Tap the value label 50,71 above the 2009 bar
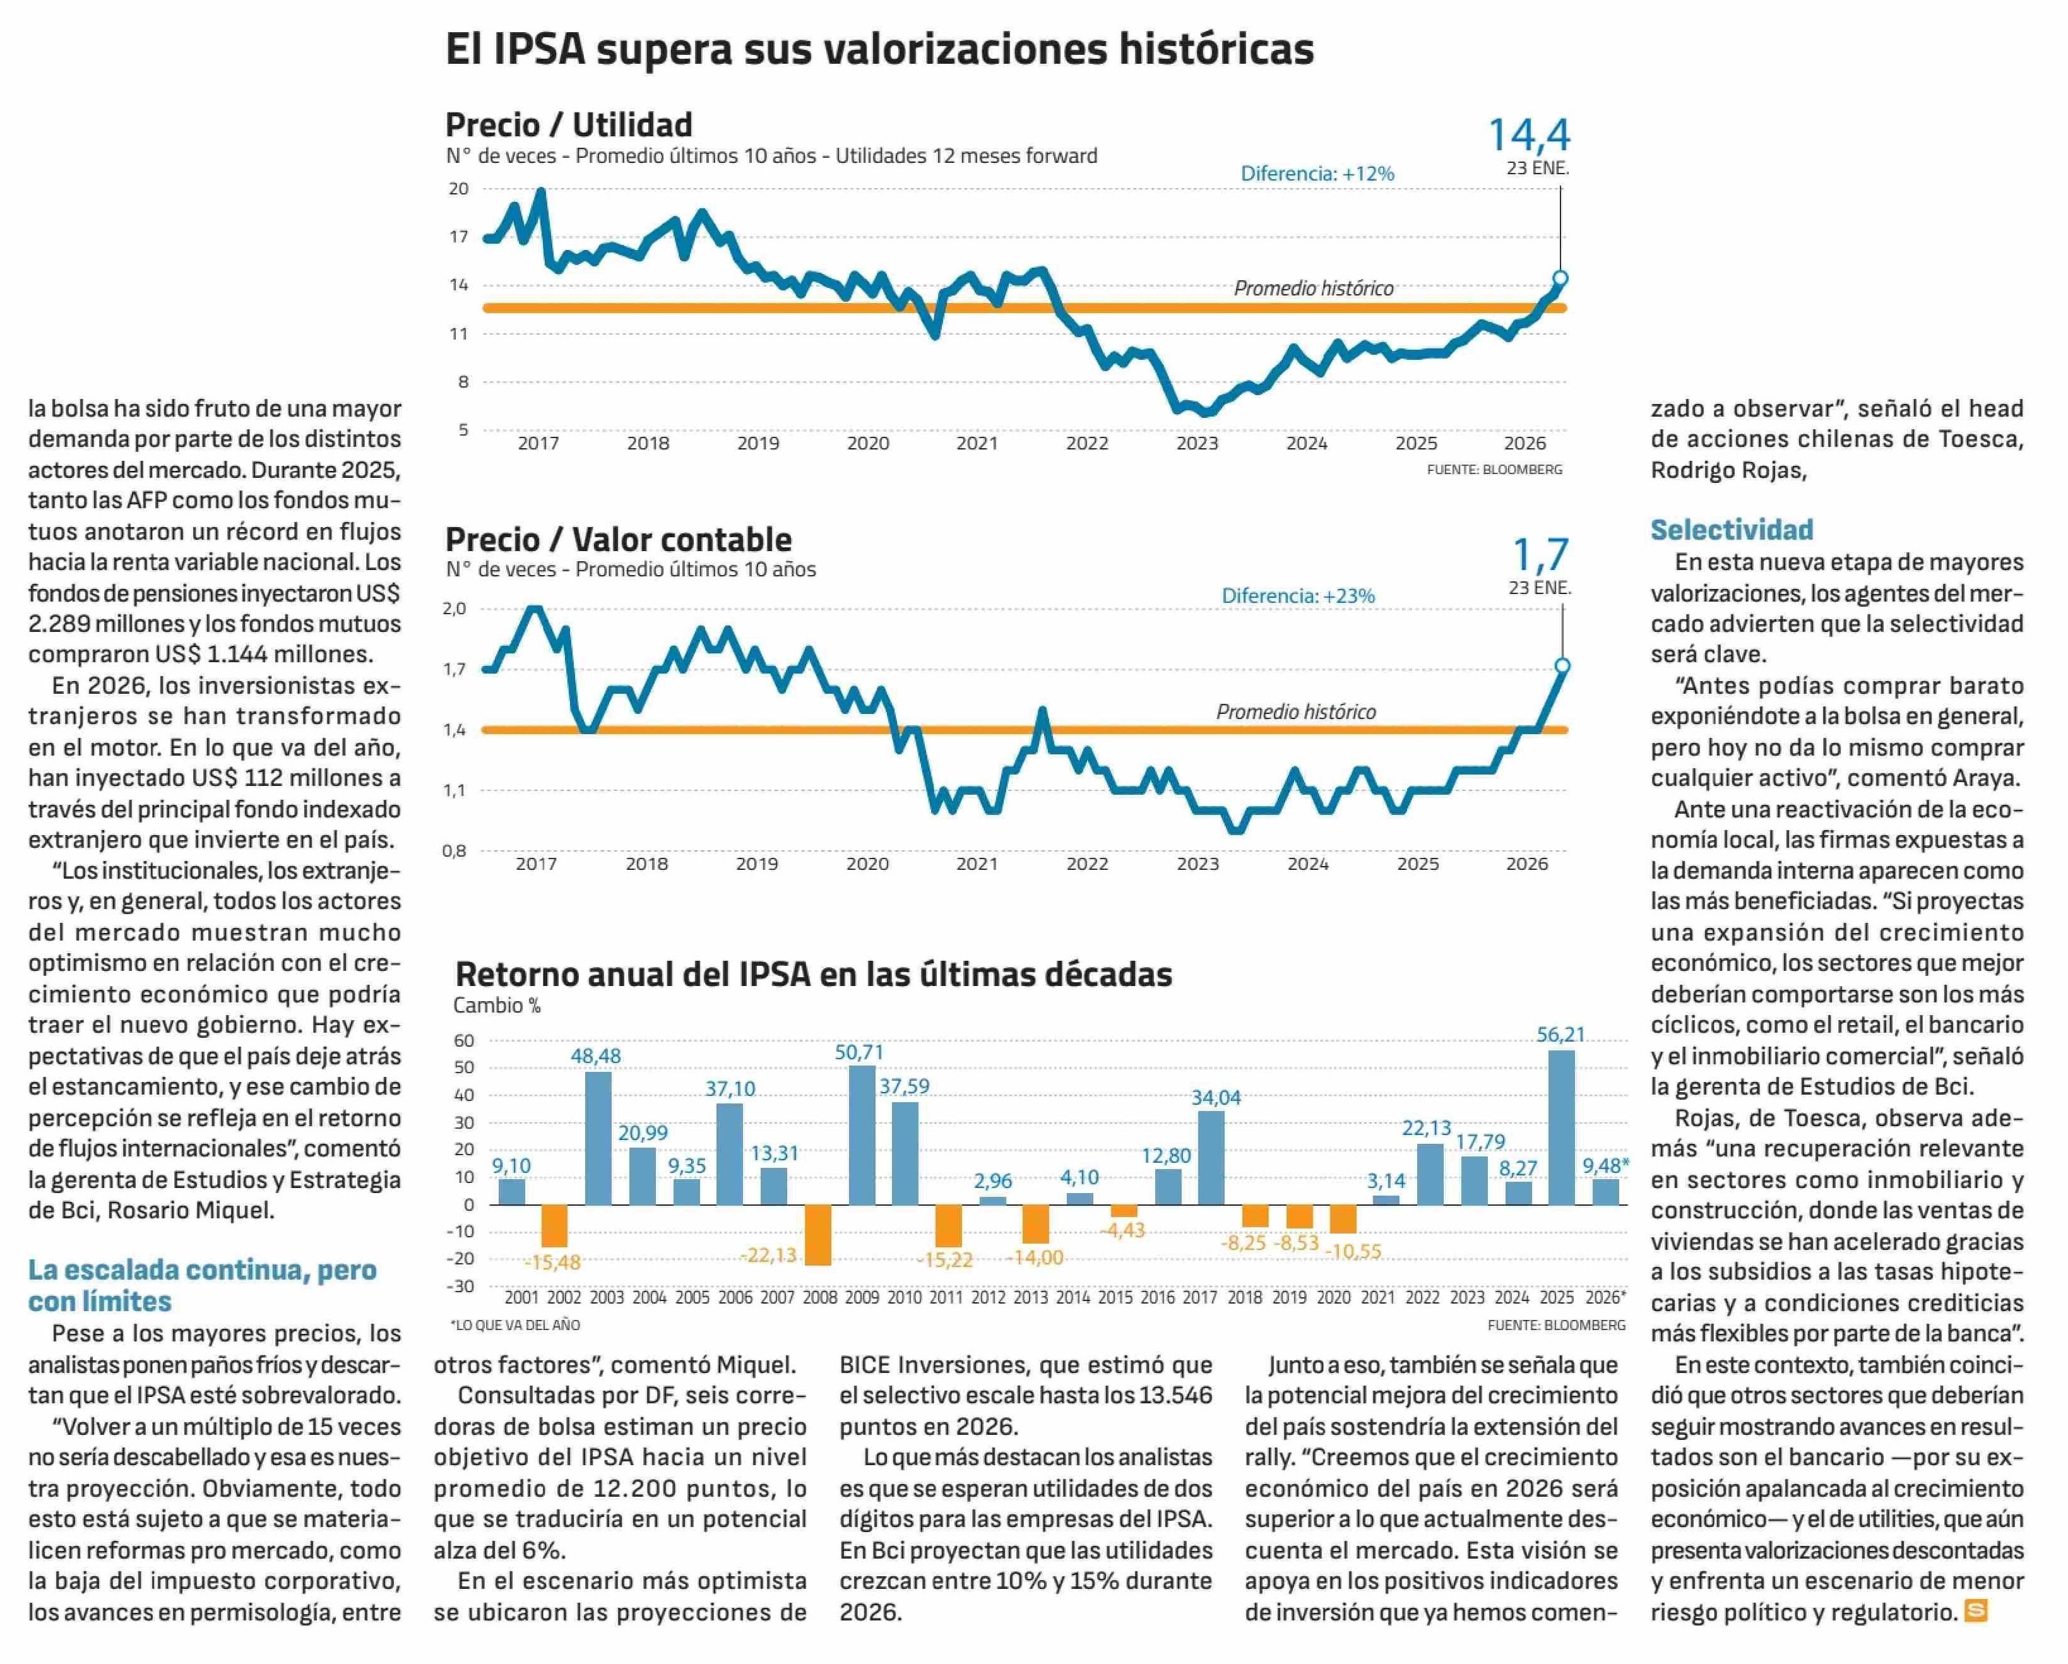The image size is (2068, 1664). [859, 1052]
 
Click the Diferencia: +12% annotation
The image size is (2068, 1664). [1317, 174]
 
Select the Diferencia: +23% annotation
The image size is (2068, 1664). [1298, 595]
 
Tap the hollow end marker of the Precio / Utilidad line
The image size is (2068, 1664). [1560, 278]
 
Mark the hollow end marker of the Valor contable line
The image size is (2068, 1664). [1562, 665]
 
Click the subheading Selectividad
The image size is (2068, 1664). [1732, 530]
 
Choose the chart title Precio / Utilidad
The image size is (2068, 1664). [568, 125]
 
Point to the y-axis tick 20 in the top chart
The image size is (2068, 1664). [458, 189]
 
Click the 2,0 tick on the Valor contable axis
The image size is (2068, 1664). [454, 608]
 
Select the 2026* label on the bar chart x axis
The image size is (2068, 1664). [1606, 1298]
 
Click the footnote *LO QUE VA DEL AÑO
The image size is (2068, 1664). [515, 1324]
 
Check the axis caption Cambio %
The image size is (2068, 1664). [497, 1005]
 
